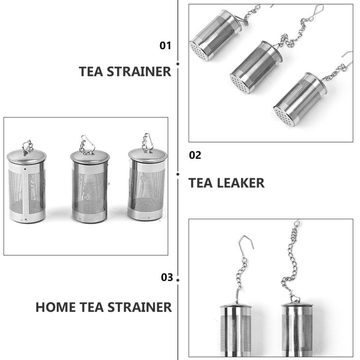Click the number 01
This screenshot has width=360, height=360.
click(165, 45)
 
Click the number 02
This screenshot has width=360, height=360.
click(195, 155)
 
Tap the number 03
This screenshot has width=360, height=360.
click(167, 277)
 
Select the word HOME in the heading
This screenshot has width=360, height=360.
click(55, 307)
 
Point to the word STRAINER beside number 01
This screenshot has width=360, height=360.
click(139, 72)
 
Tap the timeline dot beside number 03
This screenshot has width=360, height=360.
click(178, 280)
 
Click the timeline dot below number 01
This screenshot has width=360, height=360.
click(178, 64)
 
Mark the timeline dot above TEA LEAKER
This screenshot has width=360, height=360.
click(178, 174)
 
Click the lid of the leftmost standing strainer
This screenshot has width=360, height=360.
click(27, 156)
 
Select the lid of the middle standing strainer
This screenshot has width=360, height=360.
click(90, 157)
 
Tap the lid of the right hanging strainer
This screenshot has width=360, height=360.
click(297, 305)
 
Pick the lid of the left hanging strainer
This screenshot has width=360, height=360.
click(236, 306)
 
